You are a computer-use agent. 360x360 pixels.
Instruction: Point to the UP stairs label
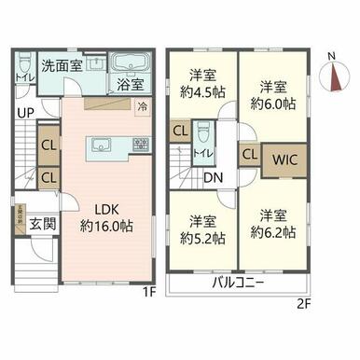tap(20, 115)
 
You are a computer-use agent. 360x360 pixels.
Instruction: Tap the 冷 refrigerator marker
tap(142, 106)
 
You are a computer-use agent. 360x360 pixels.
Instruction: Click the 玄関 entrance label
tap(38, 224)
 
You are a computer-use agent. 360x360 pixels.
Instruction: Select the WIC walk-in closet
tap(284, 158)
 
